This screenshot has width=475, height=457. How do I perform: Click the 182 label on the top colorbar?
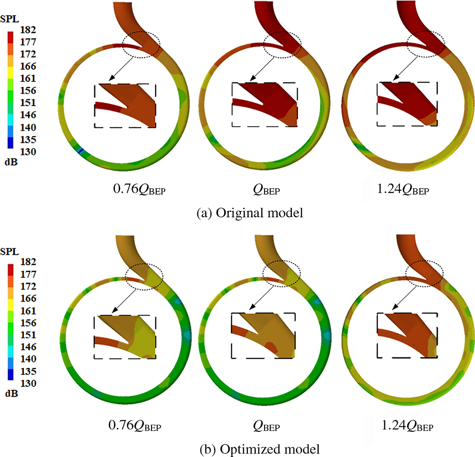point(28,30)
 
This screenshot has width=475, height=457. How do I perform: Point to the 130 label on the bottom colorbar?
point(28,384)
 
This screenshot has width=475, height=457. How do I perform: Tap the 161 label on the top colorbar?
point(28,78)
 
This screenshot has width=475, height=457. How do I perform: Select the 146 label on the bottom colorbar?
point(28,347)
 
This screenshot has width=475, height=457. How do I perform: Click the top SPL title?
point(9,19)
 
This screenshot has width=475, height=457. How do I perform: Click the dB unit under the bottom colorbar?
point(11,394)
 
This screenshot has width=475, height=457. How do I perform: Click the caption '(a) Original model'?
point(250,213)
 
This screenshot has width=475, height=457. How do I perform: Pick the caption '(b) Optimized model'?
point(259,449)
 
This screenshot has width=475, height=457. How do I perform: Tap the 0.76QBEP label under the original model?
point(139,189)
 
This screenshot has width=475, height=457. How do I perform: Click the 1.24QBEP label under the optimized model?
point(407,426)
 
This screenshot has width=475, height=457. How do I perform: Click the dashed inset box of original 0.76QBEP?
point(125,106)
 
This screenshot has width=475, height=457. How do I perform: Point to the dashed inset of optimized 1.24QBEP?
point(407,335)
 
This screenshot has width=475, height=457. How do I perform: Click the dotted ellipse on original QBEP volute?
point(282,44)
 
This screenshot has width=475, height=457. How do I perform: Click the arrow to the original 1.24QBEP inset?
point(407,68)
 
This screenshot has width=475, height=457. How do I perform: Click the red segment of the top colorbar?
point(10,37)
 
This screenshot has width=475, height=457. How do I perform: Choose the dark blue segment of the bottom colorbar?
point(10,374)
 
